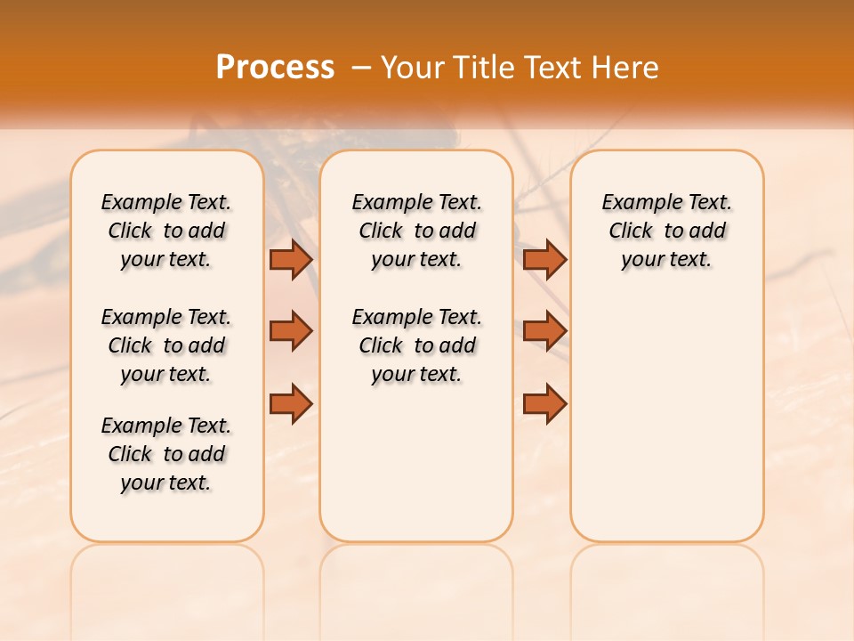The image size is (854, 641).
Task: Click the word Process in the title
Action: pyautogui.click(x=275, y=68)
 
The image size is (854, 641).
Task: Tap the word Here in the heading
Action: pyautogui.click(x=627, y=68)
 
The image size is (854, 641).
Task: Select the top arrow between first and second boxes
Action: pyautogui.click(x=291, y=259)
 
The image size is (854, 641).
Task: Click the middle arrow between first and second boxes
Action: pyautogui.click(x=291, y=331)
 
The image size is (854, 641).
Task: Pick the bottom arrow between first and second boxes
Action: pyautogui.click(x=291, y=402)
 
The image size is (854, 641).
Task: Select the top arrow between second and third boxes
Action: pyautogui.click(x=544, y=259)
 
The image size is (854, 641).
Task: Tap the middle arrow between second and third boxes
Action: pyautogui.click(x=544, y=331)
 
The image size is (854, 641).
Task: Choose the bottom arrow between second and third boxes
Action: pyautogui.click(x=544, y=402)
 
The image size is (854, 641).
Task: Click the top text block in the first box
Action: pyautogui.click(x=166, y=231)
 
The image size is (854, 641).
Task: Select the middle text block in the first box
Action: pyautogui.click(x=166, y=345)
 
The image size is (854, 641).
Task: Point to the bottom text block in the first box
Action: pyautogui.click(x=166, y=454)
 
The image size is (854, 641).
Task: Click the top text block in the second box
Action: pyautogui.click(x=416, y=231)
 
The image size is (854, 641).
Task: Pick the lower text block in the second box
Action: pyautogui.click(x=416, y=345)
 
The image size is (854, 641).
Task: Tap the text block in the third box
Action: pyautogui.click(x=666, y=231)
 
